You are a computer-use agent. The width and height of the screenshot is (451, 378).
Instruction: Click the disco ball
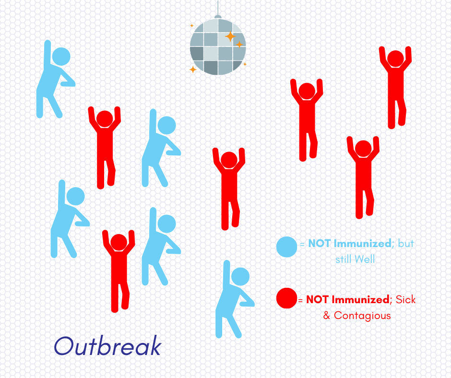coord(218,47)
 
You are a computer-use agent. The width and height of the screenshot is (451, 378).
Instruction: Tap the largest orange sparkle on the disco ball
coord(230,36)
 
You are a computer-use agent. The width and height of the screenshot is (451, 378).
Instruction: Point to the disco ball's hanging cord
coord(218,9)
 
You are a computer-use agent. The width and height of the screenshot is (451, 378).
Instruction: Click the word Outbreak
coord(107,345)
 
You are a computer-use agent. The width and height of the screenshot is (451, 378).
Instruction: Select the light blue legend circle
coord(286,247)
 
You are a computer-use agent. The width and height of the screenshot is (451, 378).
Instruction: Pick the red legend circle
coord(286,298)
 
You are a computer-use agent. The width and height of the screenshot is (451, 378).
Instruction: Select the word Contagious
coord(362,315)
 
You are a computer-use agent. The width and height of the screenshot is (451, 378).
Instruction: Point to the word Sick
coord(405,299)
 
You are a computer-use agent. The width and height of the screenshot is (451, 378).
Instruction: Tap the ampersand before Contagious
coord(327,315)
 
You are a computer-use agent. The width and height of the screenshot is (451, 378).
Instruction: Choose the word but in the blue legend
coord(406,243)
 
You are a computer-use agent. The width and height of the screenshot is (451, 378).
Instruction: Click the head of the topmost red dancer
coord(395,59)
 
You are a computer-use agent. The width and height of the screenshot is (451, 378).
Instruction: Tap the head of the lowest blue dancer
coord(240,276)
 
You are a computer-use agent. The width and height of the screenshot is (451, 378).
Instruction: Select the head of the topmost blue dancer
coord(61,57)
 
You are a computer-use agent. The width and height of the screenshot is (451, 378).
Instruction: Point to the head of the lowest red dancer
coord(119,243)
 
